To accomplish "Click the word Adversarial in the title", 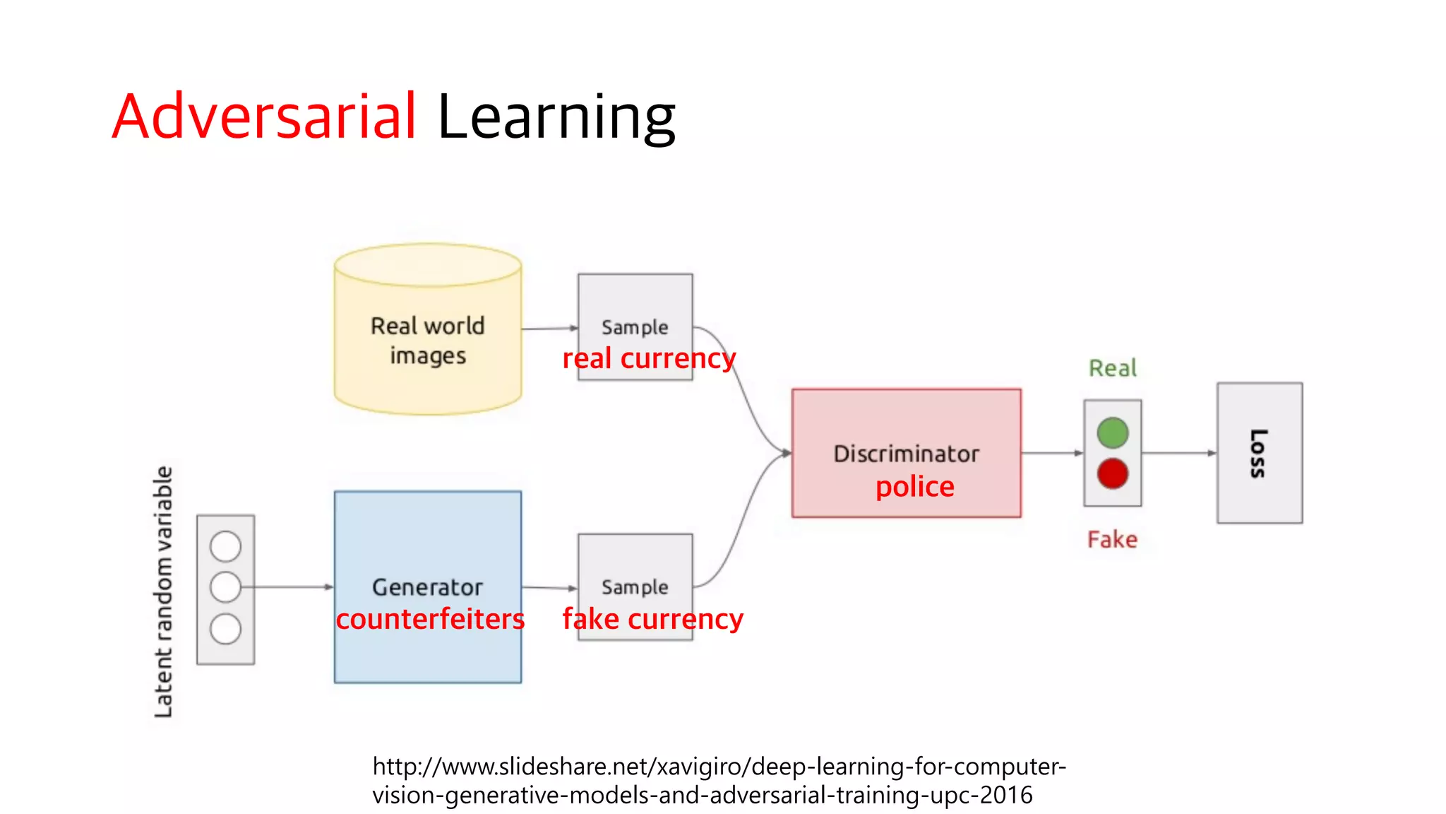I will point(264,117).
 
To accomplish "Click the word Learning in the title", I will point(556,117).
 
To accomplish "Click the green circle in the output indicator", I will point(1113,433).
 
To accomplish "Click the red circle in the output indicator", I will point(1113,473).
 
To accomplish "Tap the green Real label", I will point(1113,368).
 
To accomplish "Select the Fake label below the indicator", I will point(1113,540).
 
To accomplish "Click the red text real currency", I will point(649,359).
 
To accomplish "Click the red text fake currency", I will point(652,620).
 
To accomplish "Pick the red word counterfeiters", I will point(430,620).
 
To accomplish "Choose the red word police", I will point(915,487).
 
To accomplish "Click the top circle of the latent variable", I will point(226,546).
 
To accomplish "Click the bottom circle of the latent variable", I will point(226,629).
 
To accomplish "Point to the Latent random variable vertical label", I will point(164,592).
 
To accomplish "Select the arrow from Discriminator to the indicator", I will point(1052,453).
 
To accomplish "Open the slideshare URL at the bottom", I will point(719,781).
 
